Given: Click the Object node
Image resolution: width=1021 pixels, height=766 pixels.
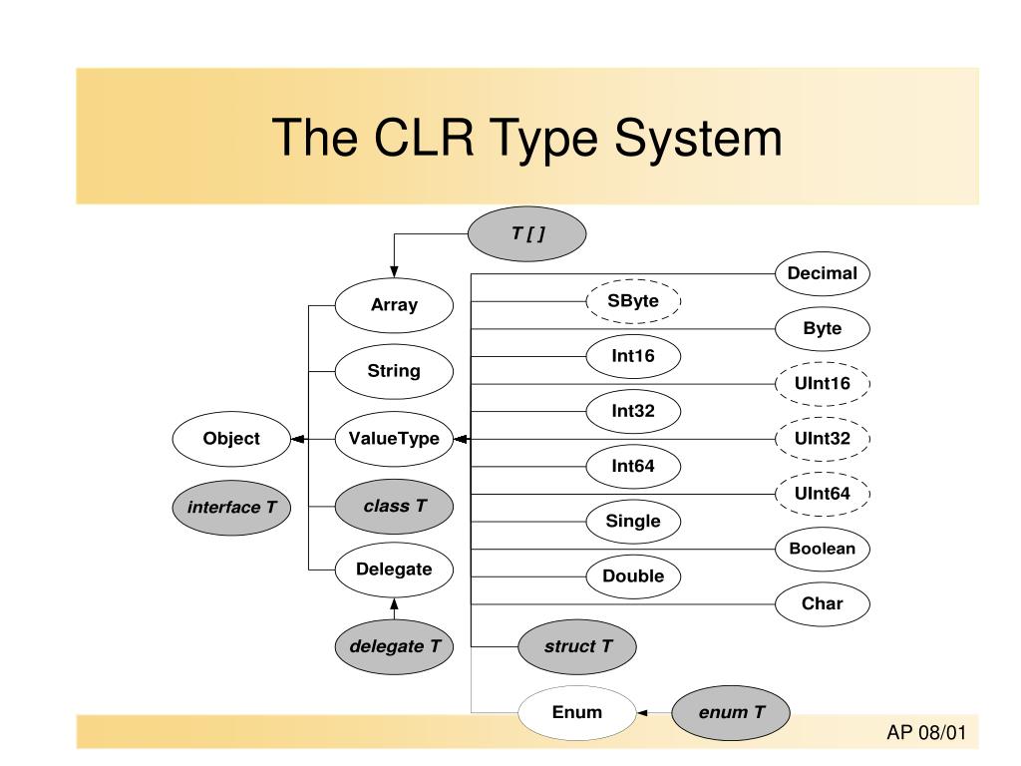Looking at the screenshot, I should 230,438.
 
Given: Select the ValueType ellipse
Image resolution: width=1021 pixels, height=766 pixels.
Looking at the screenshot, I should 394,438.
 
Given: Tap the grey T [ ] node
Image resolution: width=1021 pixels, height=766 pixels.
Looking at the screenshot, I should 527,233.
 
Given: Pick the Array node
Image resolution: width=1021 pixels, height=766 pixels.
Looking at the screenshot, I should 394,305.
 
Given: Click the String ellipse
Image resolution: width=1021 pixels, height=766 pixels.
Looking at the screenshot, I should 394,371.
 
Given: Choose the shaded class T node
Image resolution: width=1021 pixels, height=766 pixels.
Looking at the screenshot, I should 394,507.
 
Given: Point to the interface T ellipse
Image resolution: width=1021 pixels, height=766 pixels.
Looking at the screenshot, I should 231,508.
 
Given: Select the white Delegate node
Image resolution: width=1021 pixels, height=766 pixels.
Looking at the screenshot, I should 394,570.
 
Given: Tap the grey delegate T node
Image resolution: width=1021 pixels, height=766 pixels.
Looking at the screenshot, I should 394,646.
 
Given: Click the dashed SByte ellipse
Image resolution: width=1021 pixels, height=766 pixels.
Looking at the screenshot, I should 633,300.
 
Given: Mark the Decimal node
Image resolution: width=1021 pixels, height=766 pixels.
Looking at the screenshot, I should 822,273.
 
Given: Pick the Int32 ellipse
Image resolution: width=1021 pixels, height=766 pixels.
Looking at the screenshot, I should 633,410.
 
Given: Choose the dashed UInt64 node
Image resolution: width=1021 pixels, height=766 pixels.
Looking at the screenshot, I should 822,493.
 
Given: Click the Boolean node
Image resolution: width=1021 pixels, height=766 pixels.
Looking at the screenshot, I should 822,549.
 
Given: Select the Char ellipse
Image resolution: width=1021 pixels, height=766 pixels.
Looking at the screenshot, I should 822,603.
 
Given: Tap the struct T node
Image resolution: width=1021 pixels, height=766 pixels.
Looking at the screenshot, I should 577,646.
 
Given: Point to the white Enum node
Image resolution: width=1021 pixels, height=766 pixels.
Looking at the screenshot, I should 576,712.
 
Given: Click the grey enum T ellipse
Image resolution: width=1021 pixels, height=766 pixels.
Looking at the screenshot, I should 731,712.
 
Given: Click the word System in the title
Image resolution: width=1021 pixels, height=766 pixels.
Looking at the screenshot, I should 698,137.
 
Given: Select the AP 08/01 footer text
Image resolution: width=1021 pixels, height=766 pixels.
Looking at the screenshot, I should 927,734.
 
